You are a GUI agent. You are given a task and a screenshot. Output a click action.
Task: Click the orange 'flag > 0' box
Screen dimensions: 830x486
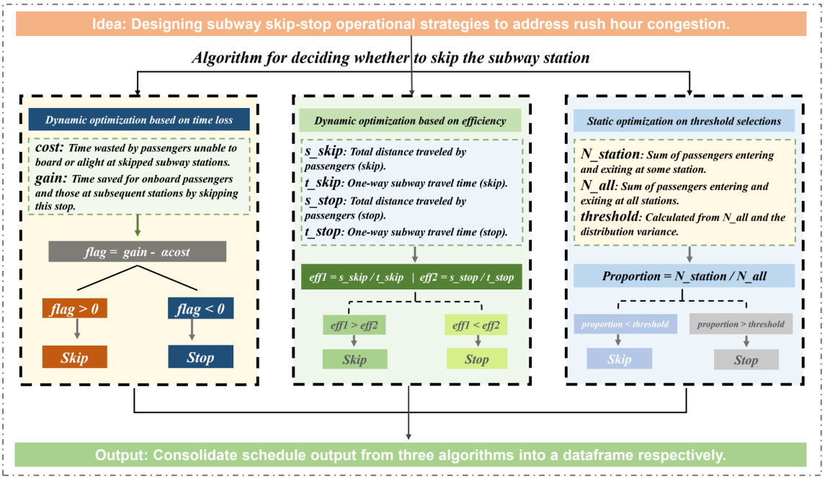pos(75,308)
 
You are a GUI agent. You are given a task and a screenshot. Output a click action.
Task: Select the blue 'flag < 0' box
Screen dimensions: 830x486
pos(200,308)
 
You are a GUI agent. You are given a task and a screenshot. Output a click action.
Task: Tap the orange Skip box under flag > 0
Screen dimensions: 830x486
pos(75,357)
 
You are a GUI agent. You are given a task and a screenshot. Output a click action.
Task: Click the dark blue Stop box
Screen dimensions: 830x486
pos(200,357)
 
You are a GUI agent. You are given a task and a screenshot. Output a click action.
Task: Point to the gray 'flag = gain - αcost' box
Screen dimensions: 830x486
pos(137,252)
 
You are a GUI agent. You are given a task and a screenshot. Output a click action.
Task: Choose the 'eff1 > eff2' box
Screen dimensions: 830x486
pos(354,325)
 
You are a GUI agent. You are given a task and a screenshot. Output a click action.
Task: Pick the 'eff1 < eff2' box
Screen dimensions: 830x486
pos(476,325)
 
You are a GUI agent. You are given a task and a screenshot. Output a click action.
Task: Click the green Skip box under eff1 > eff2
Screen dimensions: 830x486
pos(354,359)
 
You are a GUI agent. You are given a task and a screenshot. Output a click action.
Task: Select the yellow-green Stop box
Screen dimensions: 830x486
pos(477,359)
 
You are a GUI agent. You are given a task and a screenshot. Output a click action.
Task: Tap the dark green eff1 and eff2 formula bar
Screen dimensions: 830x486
pos(412,277)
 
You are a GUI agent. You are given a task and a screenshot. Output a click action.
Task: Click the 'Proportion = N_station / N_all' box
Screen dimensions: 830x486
pos(684,276)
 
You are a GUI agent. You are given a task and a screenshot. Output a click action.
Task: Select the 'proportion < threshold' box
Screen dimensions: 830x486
pos(625,324)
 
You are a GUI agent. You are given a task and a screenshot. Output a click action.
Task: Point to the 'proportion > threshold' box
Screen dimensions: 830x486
pos(741,324)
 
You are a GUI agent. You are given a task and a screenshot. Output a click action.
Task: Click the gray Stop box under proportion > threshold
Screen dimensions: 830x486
pos(746,359)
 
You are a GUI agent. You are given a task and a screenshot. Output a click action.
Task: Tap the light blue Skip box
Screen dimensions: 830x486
pos(620,359)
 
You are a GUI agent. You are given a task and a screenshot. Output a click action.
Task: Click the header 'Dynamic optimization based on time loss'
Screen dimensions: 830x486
pos(138,120)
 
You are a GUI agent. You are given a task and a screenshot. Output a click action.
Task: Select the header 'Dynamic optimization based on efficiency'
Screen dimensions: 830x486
pos(410,120)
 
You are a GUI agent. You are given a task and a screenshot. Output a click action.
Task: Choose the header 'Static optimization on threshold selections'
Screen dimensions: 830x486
pos(684,121)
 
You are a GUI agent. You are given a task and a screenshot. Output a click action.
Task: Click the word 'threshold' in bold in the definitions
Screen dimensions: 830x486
pos(610,216)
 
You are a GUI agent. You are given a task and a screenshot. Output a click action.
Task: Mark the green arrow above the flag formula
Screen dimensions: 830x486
pos(138,225)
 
